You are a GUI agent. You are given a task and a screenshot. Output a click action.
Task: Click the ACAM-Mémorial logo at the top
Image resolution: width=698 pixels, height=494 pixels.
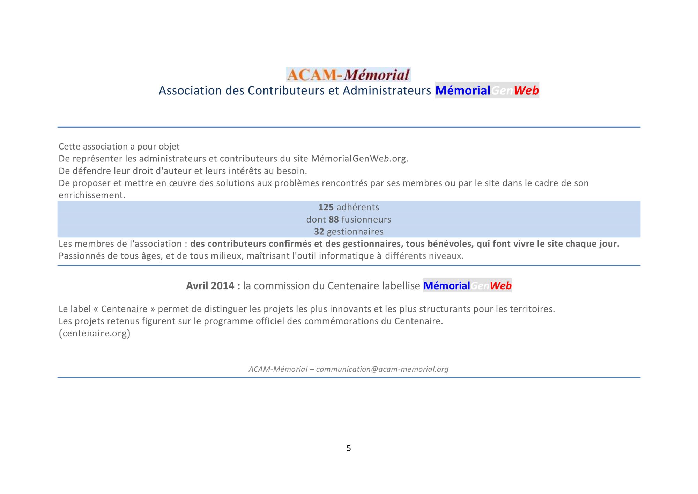[x=348, y=74]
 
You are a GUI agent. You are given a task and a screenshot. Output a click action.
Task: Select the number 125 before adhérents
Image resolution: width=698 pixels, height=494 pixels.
[x=326, y=207]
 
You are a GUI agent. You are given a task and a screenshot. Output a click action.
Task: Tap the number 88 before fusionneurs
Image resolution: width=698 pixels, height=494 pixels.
[x=333, y=219]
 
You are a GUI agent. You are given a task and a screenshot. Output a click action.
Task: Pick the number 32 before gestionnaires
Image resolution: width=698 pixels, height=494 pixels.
[x=319, y=232]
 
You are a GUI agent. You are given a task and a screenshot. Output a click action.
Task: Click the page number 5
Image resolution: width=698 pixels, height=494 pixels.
[x=349, y=448]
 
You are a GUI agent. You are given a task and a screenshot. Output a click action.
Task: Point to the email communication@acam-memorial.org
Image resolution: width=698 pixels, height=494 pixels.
[x=382, y=369]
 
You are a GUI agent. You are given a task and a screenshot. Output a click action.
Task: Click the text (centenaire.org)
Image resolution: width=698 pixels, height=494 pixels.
[x=94, y=333]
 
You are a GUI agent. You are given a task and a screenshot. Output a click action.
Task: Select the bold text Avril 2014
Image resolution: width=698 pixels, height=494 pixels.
[x=210, y=286]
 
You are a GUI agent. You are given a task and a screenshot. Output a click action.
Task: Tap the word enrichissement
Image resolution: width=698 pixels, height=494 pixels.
[x=91, y=195]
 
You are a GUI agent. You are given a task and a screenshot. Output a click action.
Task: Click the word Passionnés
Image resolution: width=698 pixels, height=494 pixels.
[x=81, y=256]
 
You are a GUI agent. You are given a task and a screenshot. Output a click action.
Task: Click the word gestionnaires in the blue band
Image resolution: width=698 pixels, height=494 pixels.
[x=355, y=232]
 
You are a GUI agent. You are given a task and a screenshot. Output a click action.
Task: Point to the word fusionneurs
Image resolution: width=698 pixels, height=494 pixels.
[x=366, y=219]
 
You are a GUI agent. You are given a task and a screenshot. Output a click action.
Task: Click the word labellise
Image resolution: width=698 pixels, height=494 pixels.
[x=401, y=286]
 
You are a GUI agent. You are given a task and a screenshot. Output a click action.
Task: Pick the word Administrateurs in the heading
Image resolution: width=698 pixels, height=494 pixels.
[x=387, y=90]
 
